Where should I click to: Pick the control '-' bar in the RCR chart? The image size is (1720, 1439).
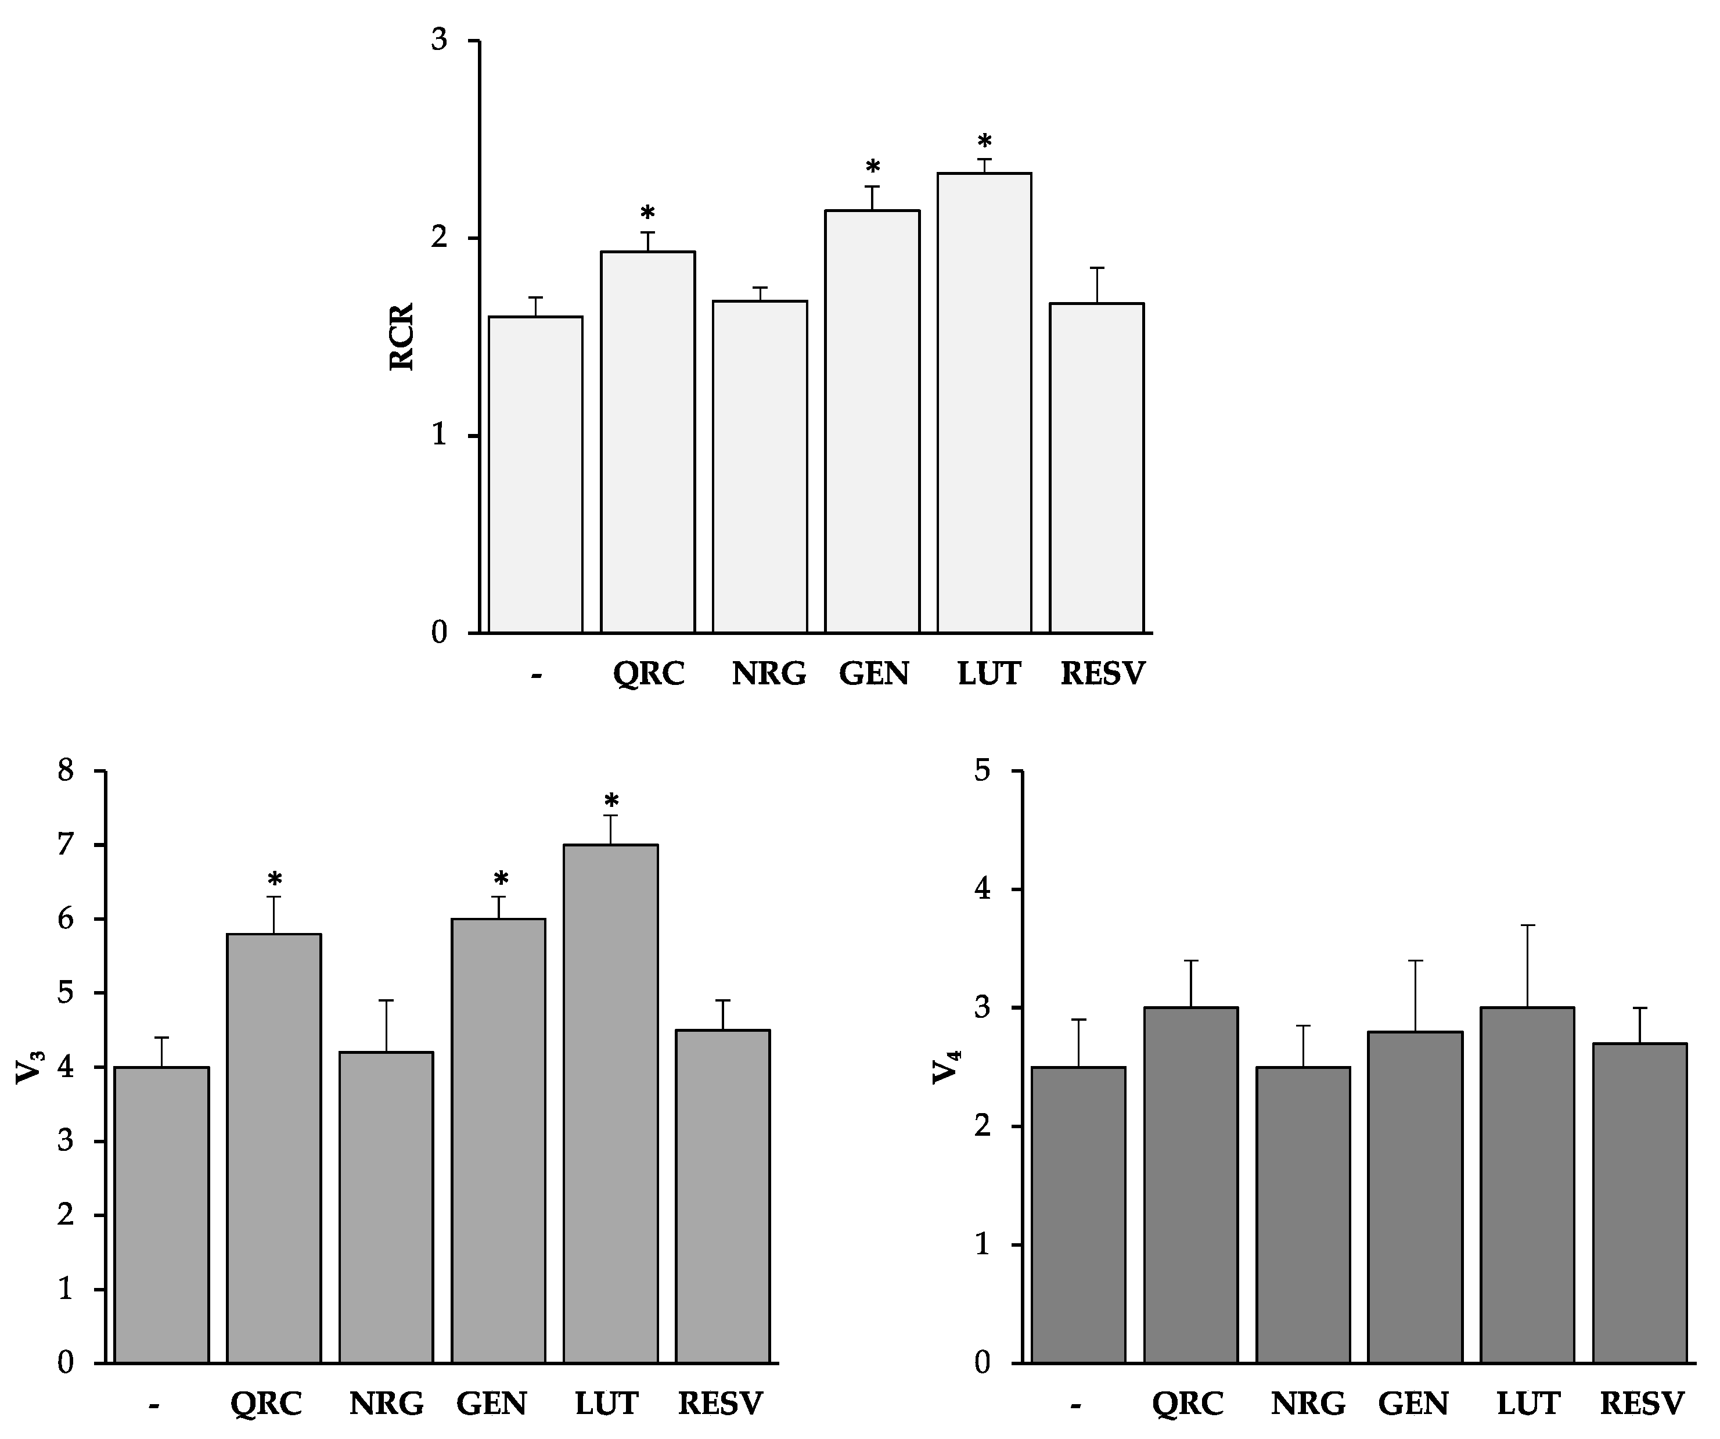coord(535,475)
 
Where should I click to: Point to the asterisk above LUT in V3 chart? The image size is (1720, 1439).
coord(611,801)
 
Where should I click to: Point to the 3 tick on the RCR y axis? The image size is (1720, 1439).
coord(440,40)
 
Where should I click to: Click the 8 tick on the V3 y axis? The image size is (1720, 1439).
coord(66,770)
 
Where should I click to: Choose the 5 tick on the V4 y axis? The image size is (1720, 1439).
coord(982,770)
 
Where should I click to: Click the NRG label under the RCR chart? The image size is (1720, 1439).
coord(768,674)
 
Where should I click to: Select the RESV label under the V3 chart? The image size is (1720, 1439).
coord(720,1404)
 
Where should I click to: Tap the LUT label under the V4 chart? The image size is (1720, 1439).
coord(1528,1404)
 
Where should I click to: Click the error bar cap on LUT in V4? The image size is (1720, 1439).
coord(1528,925)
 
